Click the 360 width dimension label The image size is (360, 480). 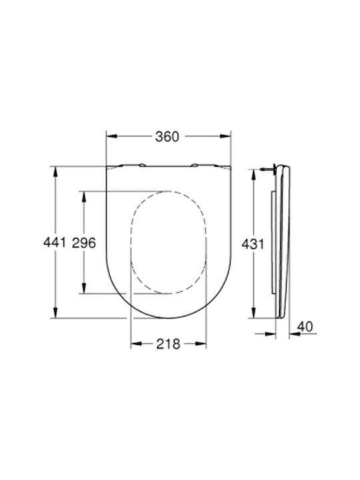[167, 137]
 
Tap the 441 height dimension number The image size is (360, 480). [55, 243]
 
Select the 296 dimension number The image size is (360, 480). [84, 243]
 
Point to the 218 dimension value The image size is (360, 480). [169, 344]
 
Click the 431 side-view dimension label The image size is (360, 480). [253, 244]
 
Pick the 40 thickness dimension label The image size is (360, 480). [305, 327]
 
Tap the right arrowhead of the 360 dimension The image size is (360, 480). [225, 136]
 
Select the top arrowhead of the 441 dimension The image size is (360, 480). [55, 172]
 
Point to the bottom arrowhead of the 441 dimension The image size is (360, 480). [55, 313]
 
